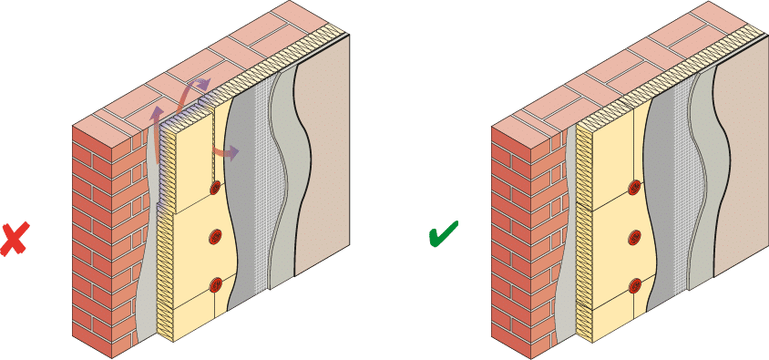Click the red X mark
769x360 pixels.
tap(14, 239)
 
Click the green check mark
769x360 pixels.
tap(443, 236)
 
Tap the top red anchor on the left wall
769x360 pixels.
tap(216, 188)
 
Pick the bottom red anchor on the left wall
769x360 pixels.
tap(216, 284)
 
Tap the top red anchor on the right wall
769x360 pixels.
tap(634, 189)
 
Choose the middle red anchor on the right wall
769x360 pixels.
tap(634, 239)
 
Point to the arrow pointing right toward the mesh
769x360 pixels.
tap(227, 151)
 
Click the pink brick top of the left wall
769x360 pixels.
tap(210, 64)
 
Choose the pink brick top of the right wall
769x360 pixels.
tap(629, 64)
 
